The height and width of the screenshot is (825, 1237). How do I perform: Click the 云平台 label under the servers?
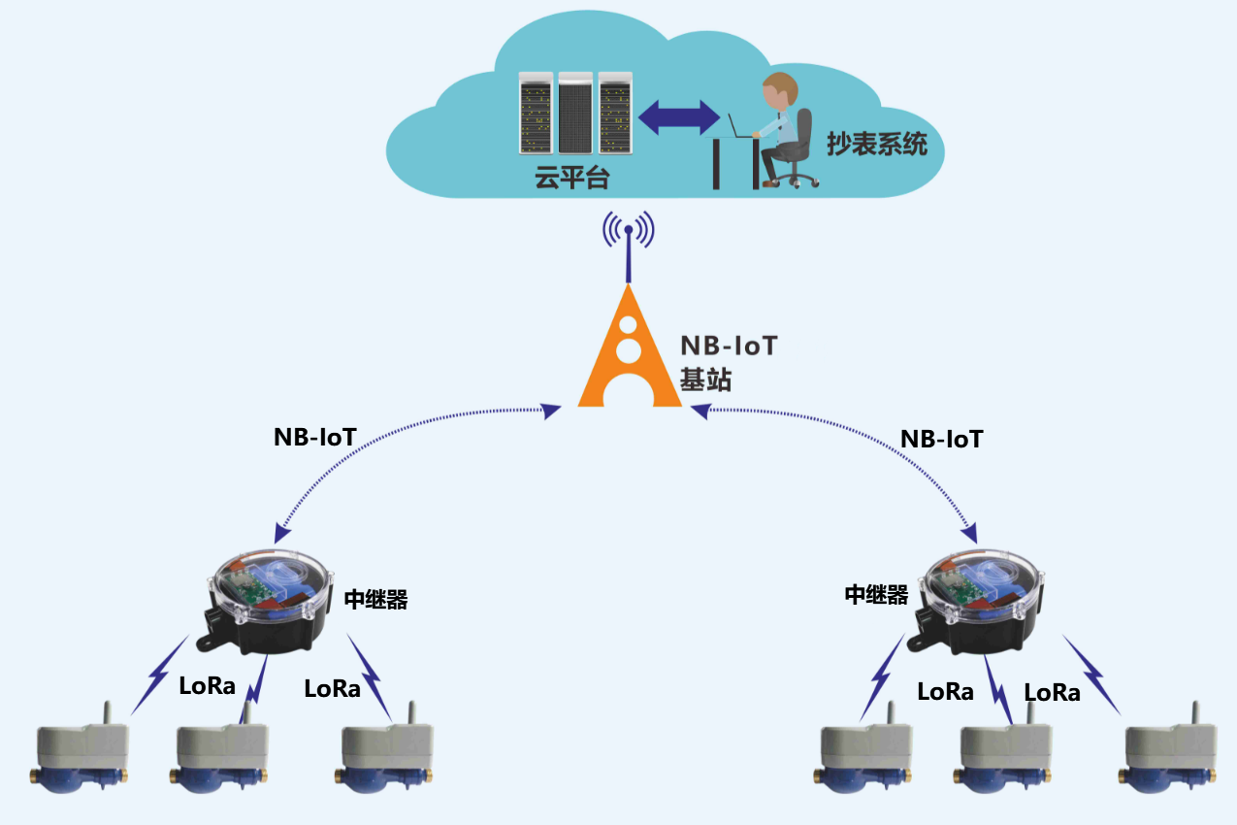(572, 178)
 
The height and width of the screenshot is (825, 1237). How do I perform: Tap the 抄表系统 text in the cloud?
(877, 144)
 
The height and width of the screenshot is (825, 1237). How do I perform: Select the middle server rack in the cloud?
(575, 113)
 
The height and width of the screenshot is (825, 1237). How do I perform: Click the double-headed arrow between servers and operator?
(679, 117)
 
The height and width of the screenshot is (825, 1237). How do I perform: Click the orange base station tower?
(629, 347)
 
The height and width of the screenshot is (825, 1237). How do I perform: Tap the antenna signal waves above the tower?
(629, 229)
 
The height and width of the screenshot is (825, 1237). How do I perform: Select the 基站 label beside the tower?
(705, 379)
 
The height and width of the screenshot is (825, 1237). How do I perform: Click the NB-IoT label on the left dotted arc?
(315, 437)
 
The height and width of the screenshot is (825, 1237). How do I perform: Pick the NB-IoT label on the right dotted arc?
(941, 440)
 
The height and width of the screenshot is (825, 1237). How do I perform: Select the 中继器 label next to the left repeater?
(375, 600)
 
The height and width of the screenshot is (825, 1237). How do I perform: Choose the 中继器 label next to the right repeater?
(876, 595)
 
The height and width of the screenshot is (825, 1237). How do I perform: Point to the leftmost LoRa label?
(207, 686)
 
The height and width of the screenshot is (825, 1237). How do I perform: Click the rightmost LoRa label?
(1052, 692)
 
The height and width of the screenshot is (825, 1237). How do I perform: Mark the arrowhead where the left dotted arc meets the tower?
(550, 411)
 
